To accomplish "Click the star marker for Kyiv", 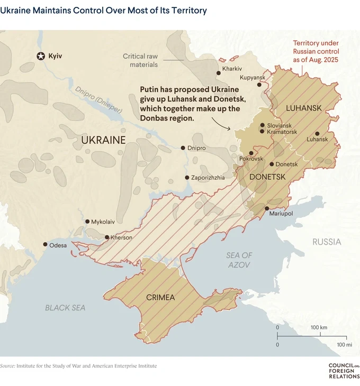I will click(x=41, y=56).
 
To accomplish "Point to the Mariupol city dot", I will click(x=267, y=208).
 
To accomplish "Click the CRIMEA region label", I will click(x=160, y=297).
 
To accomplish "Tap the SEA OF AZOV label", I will click(x=239, y=260).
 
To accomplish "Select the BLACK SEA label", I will click(x=65, y=307).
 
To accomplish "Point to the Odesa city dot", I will click(x=45, y=245).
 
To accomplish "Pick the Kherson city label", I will click(x=121, y=237).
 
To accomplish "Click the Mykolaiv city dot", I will click(x=87, y=222).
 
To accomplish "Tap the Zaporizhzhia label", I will click(x=208, y=178).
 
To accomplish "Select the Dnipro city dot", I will click(x=183, y=148).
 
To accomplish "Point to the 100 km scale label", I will click(x=319, y=327).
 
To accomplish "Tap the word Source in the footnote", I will click(x=7, y=365).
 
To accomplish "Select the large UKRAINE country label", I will click(x=103, y=140).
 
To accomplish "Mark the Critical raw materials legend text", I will click(x=140, y=60).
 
